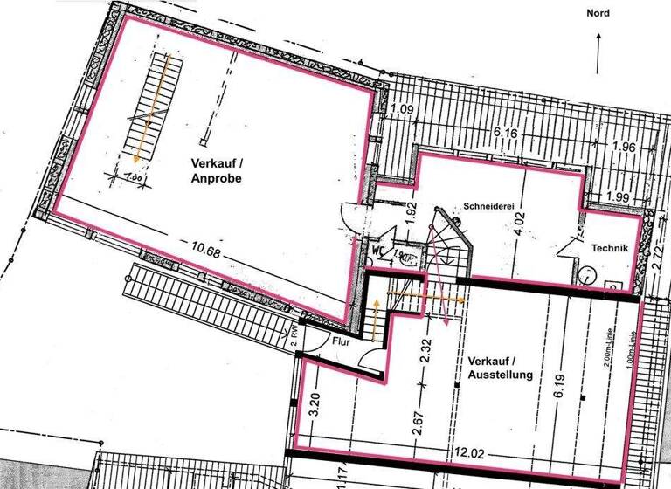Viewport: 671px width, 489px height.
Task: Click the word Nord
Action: pyautogui.click(x=598, y=13)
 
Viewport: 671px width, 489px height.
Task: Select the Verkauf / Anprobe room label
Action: pyautogui.click(x=216, y=171)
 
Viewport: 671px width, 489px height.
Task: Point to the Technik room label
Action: pyautogui.click(x=610, y=248)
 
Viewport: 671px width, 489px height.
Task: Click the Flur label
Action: pyautogui.click(x=341, y=341)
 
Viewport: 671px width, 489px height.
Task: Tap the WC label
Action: pyautogui.click(x=378, y=249)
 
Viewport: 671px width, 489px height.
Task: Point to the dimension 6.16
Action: pyautogui.click(x=506, y=132)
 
